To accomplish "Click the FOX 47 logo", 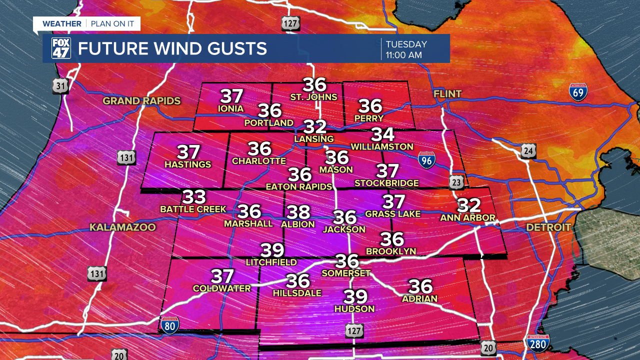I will coord(61,48).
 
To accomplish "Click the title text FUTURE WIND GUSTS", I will coord(172,49).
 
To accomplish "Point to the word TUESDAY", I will coord(406,44).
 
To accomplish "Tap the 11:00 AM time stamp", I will coord(403,55).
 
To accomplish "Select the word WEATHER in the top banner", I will coord(62,23).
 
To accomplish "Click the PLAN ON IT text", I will coord(112,23).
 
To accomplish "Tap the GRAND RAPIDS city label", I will coord(141,101).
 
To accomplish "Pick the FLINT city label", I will coord(447,94).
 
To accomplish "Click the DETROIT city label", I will coord(548,227).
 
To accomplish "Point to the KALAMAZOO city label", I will coord(122,227).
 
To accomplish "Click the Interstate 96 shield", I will coord(426,159).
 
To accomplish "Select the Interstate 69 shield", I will coord(578,92).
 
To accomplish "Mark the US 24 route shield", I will coord(528,150).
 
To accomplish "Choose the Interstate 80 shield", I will coord(170,325).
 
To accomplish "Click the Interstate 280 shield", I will coord(538,343).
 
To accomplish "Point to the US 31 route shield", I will coord(60,86).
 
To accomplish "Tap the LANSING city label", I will coord(314,138).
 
